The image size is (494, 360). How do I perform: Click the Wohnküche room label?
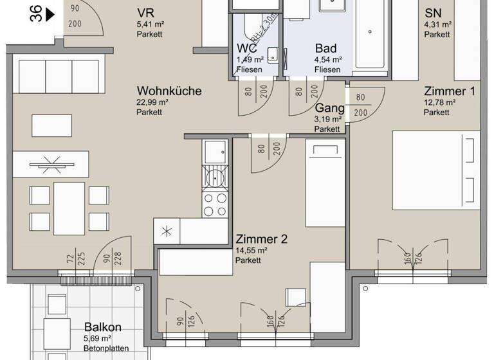click(169, 91)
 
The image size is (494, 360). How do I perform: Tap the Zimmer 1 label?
click(449, 91)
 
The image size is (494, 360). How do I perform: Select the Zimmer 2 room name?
click(261, 239)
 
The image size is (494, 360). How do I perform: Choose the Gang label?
click(329, 109)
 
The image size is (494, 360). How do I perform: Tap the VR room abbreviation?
click(145, 14)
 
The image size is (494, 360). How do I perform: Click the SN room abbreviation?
click(433, 14)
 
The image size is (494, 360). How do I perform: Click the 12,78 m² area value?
click(439, 102)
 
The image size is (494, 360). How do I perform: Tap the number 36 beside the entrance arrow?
click(36, 14)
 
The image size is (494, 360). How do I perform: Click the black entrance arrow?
click(51, 14)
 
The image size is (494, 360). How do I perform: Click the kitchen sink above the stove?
click(214, 152)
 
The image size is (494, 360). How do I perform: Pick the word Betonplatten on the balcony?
click(106, 348)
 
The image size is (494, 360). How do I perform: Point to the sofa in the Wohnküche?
click(59, 76)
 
